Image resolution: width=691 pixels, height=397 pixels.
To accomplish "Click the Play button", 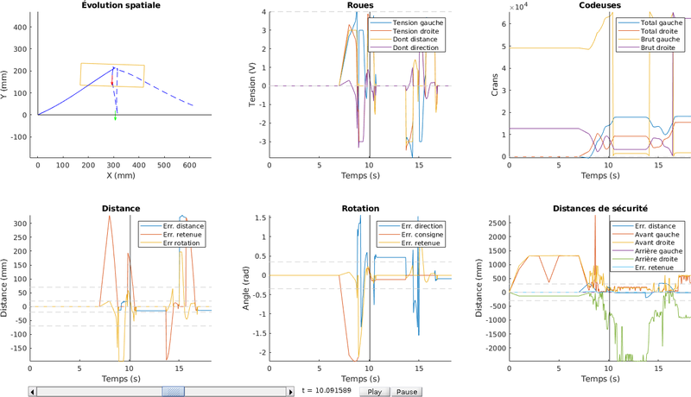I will (x=374, y=391).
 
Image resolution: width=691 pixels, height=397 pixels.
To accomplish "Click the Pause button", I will (x=408, y=391).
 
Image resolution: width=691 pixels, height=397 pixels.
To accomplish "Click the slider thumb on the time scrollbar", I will (x=174, y=391).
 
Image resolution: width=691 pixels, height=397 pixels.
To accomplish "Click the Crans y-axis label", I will (x=495, y=85).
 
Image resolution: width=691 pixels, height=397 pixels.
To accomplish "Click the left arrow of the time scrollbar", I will (x=33, y=391).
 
